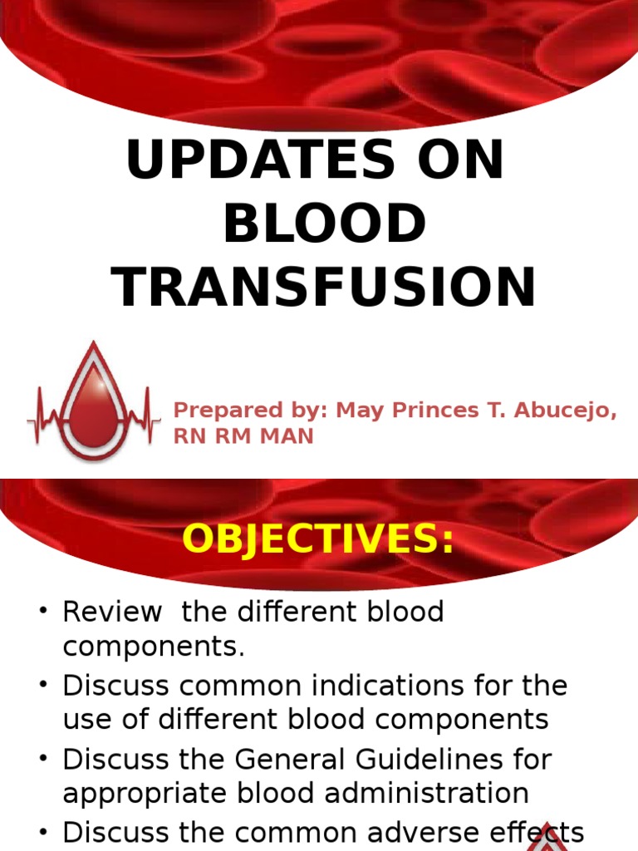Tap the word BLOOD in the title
click(324, 224)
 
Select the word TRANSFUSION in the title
click(324, 288)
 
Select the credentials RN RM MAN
click(243, 436)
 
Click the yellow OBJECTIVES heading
click(318, 539)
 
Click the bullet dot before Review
click(44, 613)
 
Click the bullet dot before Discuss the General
click(44, 760)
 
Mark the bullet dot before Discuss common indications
click(44, 687)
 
